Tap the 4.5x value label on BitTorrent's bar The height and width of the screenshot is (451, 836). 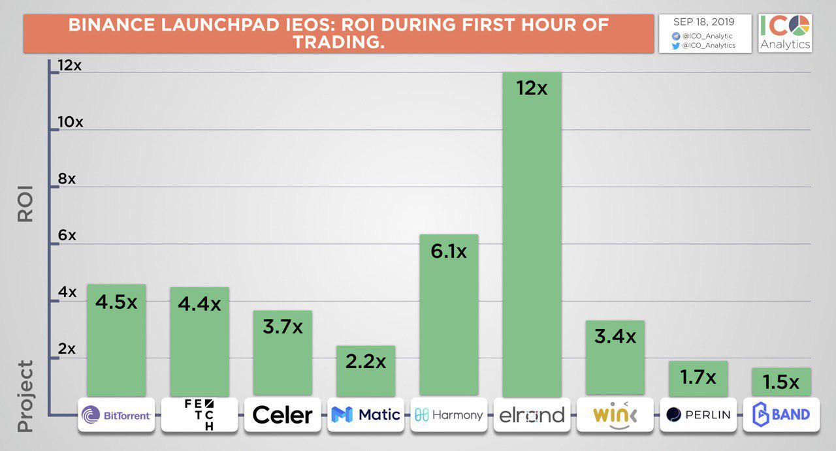point(116,303)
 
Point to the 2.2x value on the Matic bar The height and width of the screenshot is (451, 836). point(366,361)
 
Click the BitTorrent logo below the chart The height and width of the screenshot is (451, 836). point(116,414)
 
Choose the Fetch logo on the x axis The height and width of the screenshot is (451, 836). point(199,414)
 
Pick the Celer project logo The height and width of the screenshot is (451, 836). point(282,414)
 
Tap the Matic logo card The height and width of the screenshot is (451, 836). point(366,414)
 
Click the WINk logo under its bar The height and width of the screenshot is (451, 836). point(614,414)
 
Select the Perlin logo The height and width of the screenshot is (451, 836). point(698,414)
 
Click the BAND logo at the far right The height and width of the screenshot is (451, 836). point(781,414)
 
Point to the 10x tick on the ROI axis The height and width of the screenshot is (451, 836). point(71,122)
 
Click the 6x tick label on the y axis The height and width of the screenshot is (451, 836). point(67,236)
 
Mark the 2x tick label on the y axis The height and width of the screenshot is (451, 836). point(67,349)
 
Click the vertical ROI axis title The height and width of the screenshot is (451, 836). point(25,204)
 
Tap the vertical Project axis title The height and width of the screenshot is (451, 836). point(25,396)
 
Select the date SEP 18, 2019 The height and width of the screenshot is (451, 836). point(704,22)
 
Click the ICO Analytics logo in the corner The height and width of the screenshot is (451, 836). point(785,32)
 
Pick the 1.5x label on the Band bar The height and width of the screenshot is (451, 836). point(781,382)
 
